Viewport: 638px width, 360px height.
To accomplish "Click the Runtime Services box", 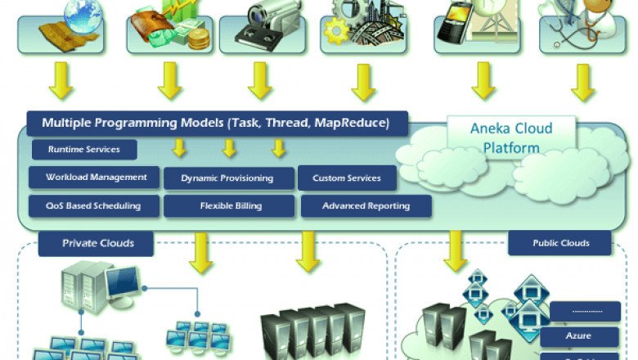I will tap(84, 150).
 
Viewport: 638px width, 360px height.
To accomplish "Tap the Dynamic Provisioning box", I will tap(227, 178).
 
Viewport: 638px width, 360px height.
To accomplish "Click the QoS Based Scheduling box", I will tap(93, 205).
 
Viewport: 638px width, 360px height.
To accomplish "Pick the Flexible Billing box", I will tap(228, 205).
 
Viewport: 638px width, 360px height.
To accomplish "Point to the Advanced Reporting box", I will tap(366, 206).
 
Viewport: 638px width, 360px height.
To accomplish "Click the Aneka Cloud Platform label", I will tap(511, 137).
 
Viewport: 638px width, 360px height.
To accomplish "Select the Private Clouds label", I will tap(97, 243).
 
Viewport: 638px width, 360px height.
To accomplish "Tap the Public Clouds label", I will tap(560, 243).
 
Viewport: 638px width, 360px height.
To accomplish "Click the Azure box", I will tap(578, 335).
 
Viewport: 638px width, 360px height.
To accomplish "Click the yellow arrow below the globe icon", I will tap(61, 81).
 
